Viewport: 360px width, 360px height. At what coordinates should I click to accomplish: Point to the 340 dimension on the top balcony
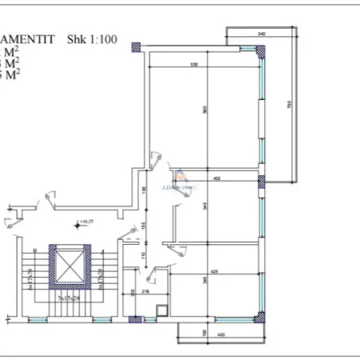coord(262,34)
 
